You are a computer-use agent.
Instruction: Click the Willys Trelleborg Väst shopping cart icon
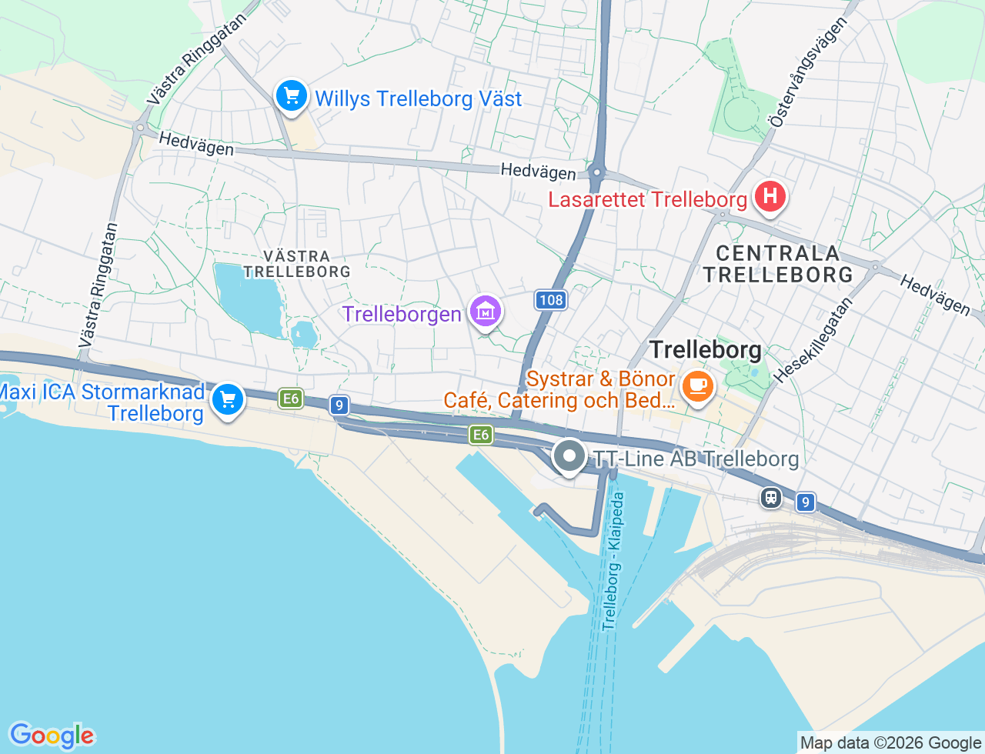292,97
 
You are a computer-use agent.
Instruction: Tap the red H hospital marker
770,197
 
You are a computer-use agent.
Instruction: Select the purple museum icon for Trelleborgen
486,312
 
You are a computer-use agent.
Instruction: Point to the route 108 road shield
551,300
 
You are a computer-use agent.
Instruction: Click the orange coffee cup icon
697,386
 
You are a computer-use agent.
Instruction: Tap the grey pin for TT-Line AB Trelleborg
569,455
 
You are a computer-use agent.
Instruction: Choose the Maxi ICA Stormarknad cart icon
228,400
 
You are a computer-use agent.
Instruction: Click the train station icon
770,498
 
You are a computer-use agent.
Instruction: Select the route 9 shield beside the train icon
805,502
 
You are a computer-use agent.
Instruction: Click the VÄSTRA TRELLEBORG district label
297,264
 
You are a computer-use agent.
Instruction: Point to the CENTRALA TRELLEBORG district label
778,264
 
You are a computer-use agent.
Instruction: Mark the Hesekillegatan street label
815,339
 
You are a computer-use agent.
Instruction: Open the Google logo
52,736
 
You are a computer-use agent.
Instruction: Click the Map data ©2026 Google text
890,742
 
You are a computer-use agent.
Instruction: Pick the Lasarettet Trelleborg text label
647,200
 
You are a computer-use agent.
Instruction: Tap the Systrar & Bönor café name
600,379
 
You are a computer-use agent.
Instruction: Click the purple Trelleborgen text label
402,314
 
